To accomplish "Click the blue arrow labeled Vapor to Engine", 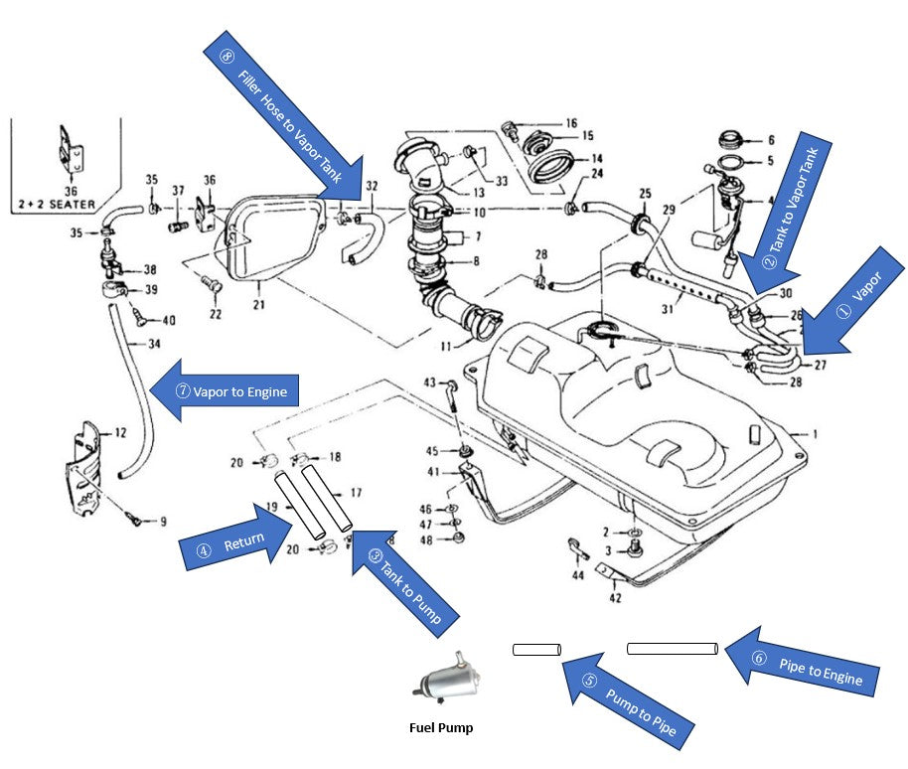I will (x=225, y=390).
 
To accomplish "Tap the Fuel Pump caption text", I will (x=441, y=727).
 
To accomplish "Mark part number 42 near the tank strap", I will (x=615, y=598).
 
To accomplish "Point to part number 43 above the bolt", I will (x=430, y=383).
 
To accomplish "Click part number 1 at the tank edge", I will (x=815, y=433).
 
